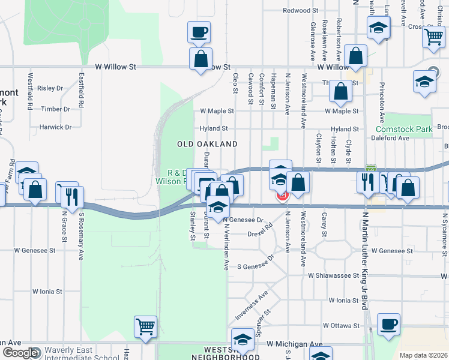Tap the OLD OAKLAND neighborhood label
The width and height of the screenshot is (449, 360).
tap(207, 144)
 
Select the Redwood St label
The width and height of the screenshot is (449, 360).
tap(300, 11)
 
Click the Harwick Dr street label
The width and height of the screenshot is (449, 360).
tap(55, 127)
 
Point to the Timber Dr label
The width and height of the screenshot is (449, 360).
tap(56, 109)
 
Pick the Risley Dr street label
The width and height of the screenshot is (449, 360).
tap(50, 88)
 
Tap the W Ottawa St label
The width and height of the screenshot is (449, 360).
tap(340, 326)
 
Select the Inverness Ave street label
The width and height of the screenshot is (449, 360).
tap(259, 306)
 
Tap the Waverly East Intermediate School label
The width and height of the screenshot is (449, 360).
tap(76, 352)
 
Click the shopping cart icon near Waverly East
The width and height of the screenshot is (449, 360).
tap(145, 326)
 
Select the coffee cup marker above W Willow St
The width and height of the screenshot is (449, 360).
tap(199, 32)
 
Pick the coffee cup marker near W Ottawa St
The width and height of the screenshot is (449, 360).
tap(388, 324)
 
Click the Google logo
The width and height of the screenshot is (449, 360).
tap(20, 353)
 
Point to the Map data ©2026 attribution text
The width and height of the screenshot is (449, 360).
tap(423, 355)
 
